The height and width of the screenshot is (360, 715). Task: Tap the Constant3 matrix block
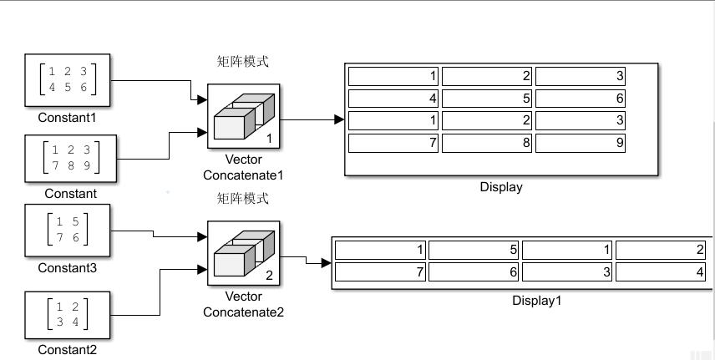(x=68, y=232)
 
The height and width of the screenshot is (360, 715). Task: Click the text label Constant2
(x=67, y=350)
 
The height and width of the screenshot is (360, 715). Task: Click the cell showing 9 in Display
(x=581, y=143)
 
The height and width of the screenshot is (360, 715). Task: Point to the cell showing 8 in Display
(x=487, y=143)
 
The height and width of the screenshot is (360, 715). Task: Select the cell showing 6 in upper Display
(x=581, y=99)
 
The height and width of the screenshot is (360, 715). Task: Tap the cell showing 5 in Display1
(x=474, y=250)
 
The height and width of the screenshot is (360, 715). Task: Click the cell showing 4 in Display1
(x=661, y=272)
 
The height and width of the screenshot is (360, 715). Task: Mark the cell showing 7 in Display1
(x=380, y=272)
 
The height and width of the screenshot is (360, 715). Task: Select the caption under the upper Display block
(x=501, y=187)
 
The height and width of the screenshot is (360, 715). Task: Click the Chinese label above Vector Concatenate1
(x=243, y=61)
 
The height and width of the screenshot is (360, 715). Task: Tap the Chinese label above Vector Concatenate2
(x=243, y=199)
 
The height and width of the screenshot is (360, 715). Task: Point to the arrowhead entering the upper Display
(x=339, y=120)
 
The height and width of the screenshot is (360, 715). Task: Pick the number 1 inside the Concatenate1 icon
(x=269, y=138)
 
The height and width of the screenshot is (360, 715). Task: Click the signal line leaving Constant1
(x=150, y=81)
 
